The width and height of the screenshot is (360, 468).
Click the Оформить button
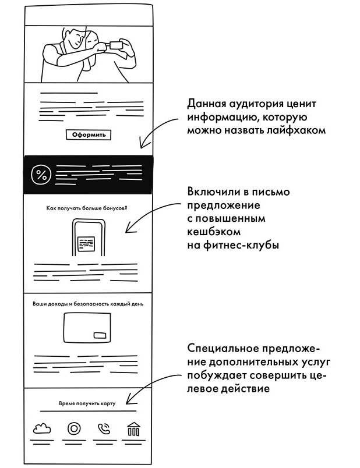click(89, 135)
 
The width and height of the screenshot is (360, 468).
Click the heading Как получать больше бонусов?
click(86, 208)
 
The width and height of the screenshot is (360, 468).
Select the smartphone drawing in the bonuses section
click(87, 239)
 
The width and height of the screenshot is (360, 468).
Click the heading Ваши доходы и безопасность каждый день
click(87, 304)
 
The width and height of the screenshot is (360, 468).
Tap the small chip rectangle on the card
click(100, 335)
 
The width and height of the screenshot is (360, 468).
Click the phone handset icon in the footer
click(103, 430)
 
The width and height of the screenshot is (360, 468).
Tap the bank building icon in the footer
click(133, 430)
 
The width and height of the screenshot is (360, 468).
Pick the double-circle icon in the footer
click(73, 430)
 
